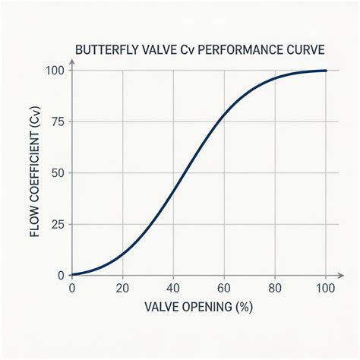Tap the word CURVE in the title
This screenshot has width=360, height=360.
coord(305,50)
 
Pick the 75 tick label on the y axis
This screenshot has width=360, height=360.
coord(58,122)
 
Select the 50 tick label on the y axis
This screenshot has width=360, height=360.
coord(58,173)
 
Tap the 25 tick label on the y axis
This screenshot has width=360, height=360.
coord(58,224)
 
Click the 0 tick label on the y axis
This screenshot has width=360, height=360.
coord(61,276)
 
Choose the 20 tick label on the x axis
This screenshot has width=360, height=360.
coord(122,289)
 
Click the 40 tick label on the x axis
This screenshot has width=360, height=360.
coord(173,289)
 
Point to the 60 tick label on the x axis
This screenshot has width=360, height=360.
coord(224,289)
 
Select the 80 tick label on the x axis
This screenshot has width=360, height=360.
coord(275,289)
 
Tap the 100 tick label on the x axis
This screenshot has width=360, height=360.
coord(326,289)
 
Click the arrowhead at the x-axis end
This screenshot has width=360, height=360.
coord(341,275)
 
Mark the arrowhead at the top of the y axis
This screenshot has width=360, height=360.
coord(72,62)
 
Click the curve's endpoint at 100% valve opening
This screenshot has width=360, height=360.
coord(326,71)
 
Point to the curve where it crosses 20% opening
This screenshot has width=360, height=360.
coord(122,254)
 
